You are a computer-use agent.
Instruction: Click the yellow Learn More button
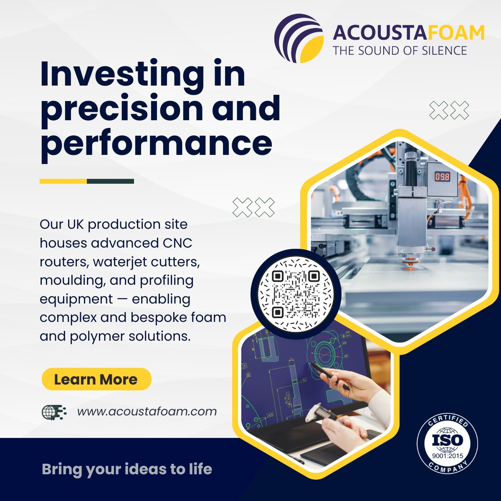[x=96, y=379]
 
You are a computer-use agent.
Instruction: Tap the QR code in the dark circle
[x=296, y=294]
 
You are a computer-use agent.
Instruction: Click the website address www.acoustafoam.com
[x=147, y=411]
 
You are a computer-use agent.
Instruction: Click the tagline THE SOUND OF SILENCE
[x=400, y=51]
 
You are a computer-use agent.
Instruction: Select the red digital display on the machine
[x=442, y=177]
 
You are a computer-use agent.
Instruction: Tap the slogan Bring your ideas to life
[x=127, y=469]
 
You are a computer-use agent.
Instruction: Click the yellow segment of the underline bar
[x=63, y=181]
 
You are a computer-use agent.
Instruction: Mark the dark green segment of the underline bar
[x=110, y=181]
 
